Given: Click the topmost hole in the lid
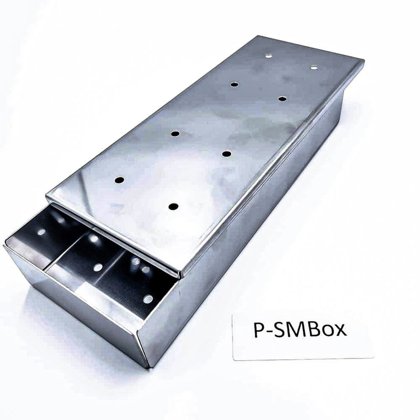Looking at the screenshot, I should (269, 56).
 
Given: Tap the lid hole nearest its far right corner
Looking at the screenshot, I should (314, 67).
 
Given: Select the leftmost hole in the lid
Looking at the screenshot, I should (119, 180).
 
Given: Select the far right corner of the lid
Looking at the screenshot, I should (362, 62).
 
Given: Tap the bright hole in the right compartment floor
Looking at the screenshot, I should (148, 299).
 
